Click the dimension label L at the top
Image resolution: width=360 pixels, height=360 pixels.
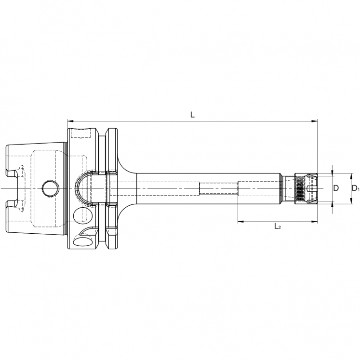point(192,115)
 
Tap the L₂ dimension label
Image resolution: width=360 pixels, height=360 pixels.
point(278,227)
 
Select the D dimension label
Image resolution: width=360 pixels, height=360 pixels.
point(336,188)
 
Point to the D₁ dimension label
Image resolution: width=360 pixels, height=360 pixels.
point(355,188)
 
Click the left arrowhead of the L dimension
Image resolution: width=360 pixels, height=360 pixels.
point(70,120)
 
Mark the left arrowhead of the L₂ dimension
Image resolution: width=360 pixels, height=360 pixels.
point(240,222)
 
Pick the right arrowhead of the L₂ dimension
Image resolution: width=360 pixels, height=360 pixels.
point(315,222)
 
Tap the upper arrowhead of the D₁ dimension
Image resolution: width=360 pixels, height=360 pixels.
point(351,176)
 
